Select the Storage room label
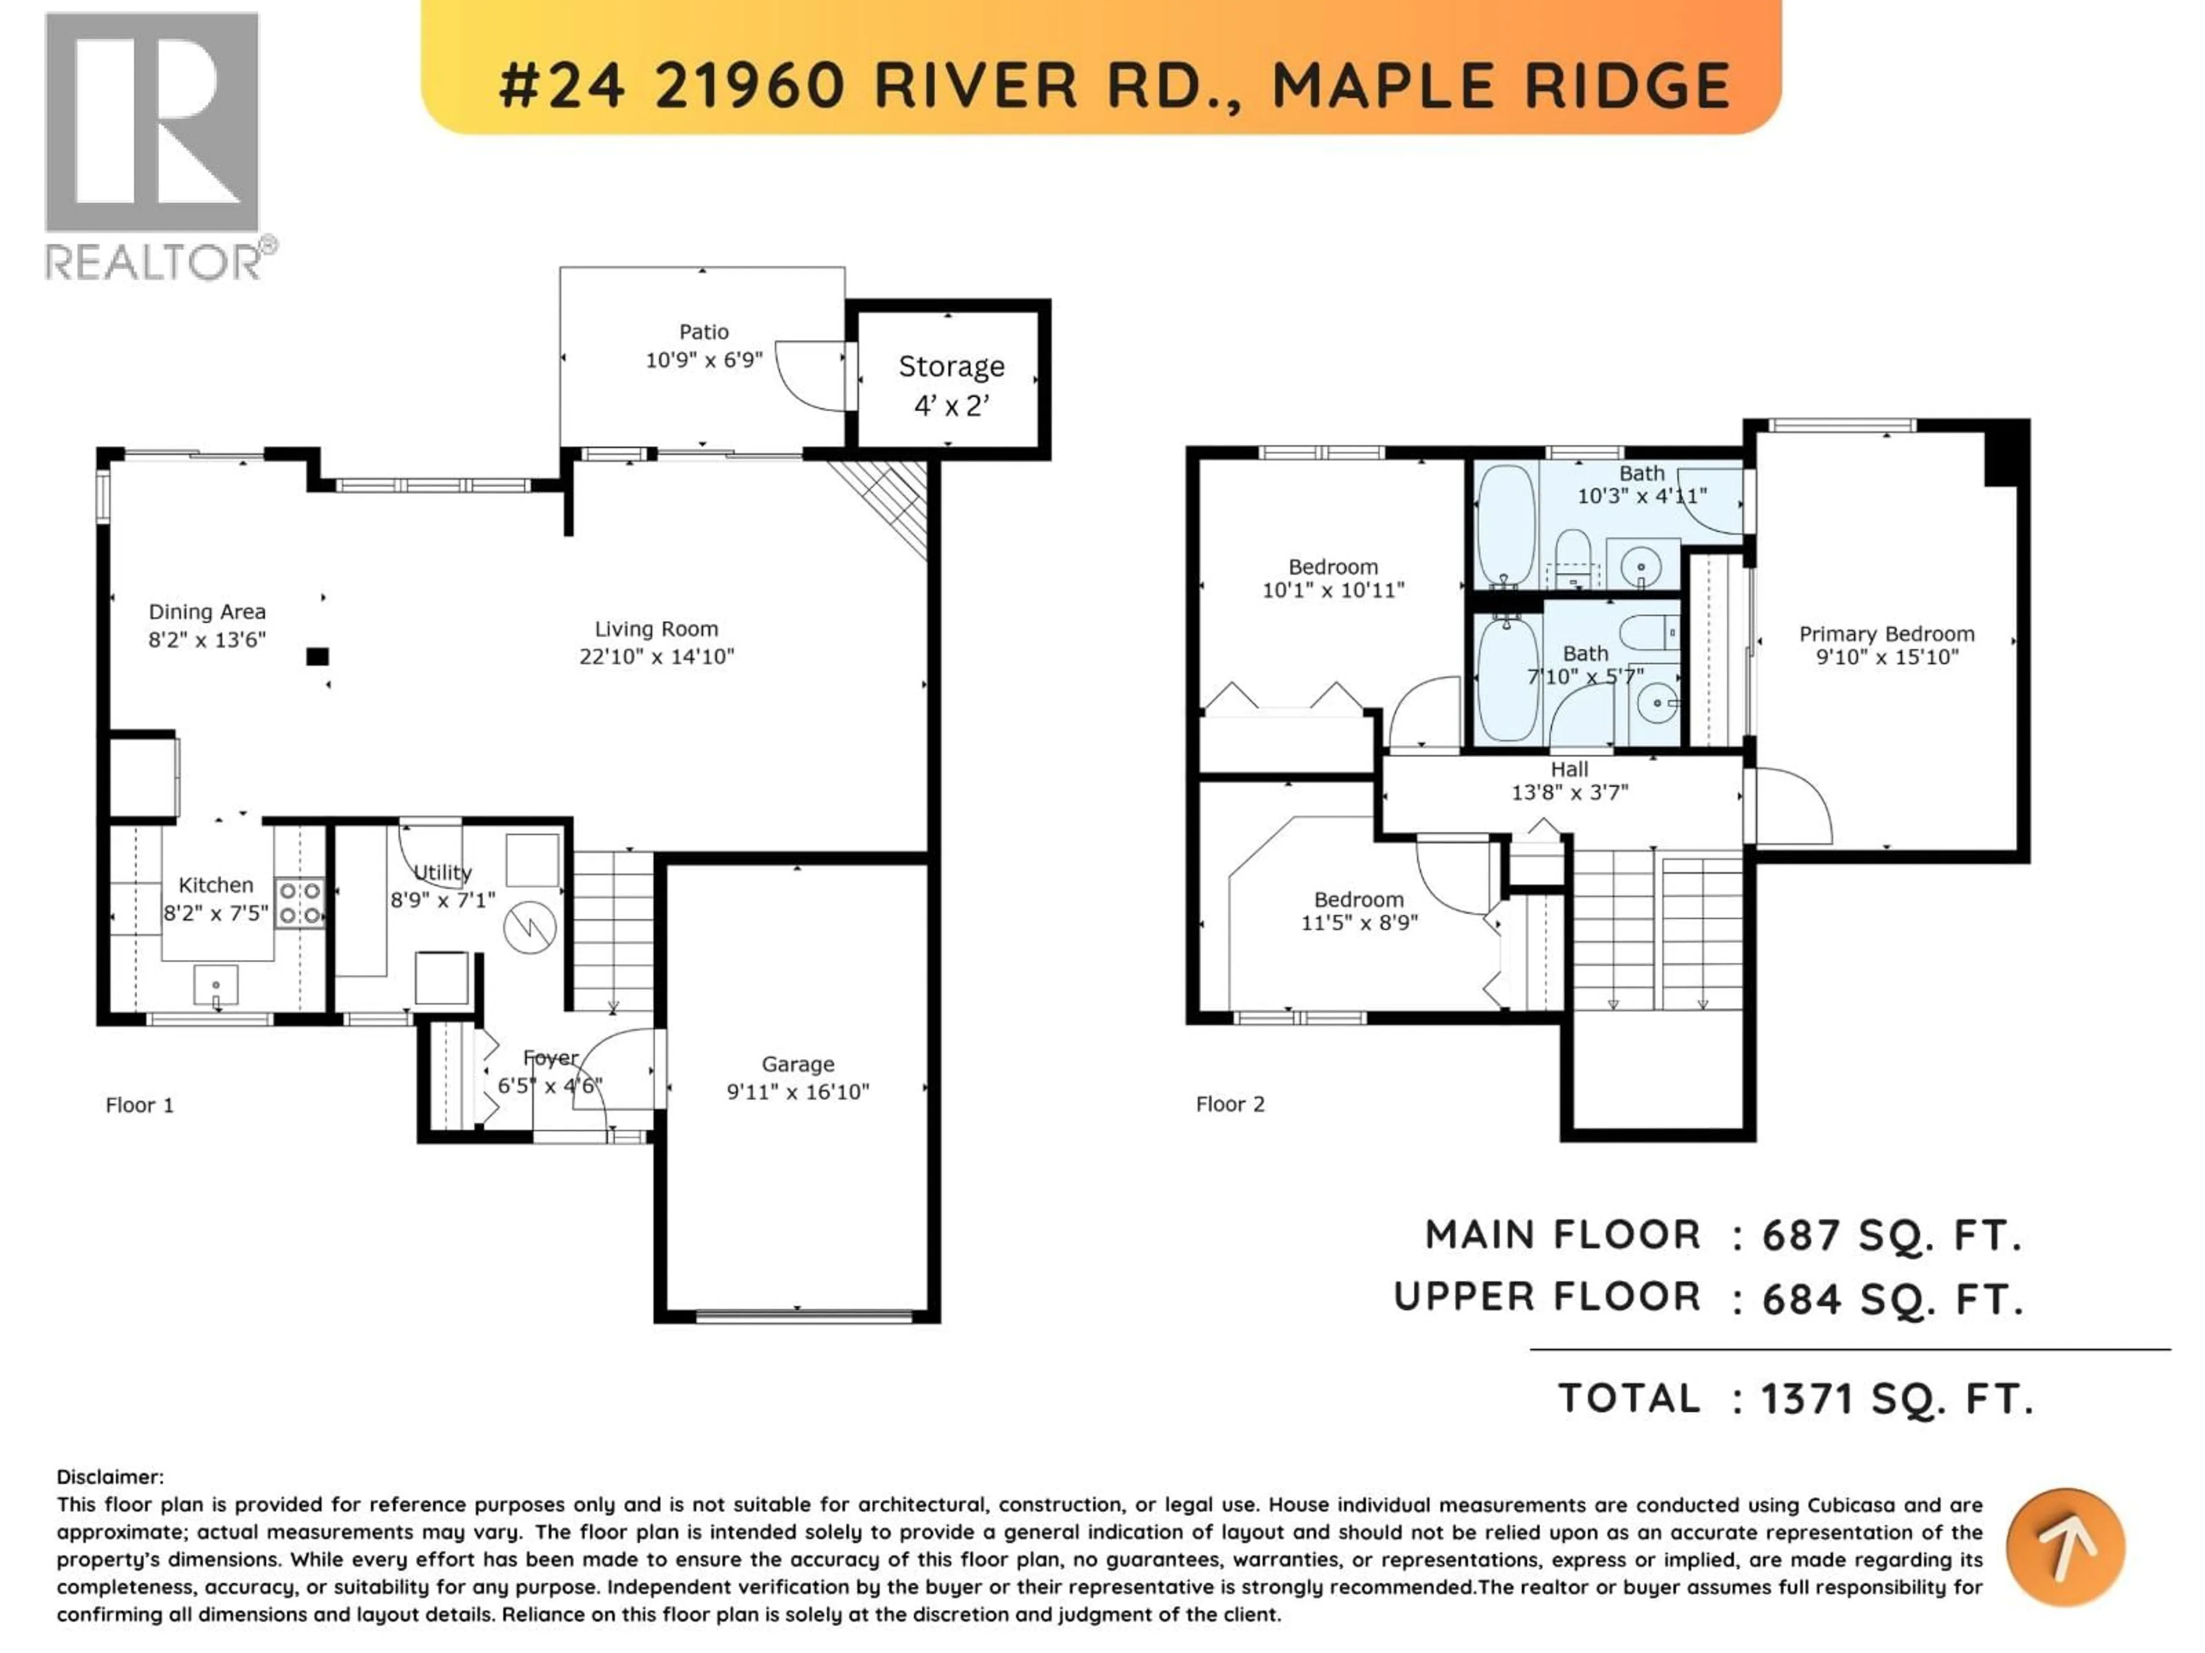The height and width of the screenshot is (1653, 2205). pos(951,367)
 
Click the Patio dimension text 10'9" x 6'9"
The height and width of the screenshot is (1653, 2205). pos(704,360)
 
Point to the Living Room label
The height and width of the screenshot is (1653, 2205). pos(656,628)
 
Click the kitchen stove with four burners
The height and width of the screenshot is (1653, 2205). pos(299,902)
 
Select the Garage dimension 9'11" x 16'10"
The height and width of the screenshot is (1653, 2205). pos(798,1091)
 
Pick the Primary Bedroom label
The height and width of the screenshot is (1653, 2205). pos(1886,634)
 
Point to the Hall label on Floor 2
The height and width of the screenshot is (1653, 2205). pos(1569,769)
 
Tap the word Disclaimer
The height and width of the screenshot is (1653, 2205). pos(110,1477)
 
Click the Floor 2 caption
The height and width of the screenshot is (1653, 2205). pos(1230,1104)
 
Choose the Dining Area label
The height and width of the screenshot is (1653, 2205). pos(207,612)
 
